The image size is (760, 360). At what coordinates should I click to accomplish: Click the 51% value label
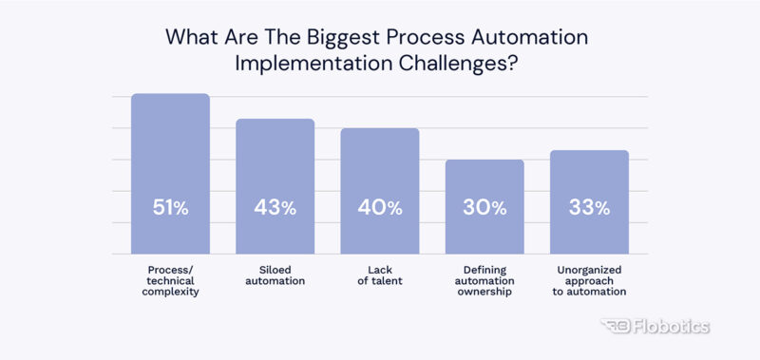tap(170, 208)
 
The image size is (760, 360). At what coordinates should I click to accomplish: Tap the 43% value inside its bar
tap(275, 208)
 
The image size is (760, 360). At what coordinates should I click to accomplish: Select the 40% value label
tap(379, 208)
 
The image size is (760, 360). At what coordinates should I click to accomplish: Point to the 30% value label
tap(484, 208)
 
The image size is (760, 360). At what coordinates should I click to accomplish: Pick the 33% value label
tap(589, 208)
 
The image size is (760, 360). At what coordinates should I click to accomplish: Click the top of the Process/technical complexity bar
tap(170, 96)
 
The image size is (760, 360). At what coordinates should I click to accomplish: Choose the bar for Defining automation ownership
tap(484, 180)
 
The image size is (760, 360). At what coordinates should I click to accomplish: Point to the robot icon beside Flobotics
tap(617, 327)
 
